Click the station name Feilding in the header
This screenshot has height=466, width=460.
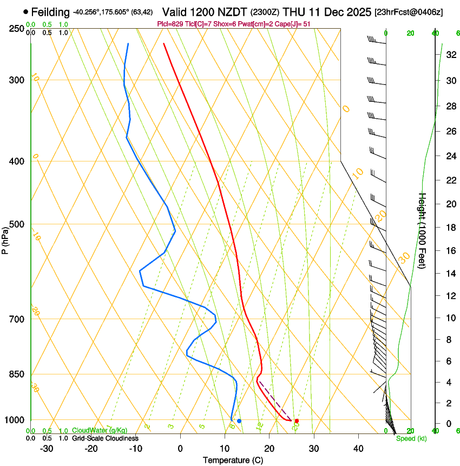[51, 12]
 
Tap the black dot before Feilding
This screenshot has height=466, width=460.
[25, 11]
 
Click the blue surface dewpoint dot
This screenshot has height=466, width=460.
[239, 420]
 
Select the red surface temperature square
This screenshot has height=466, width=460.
[297, 420]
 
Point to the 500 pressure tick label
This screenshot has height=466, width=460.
[16, 224]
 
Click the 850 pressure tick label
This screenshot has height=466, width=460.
[16, 374]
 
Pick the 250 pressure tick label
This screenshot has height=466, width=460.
[16, 29]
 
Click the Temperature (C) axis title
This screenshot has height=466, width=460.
[233, 461]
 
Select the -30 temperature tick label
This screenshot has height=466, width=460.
[47, 448]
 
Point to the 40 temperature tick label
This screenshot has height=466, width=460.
[358, 448]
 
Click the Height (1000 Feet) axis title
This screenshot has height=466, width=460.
[423, 238]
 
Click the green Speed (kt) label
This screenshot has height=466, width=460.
[411, 438]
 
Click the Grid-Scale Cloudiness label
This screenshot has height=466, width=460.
[105, 438]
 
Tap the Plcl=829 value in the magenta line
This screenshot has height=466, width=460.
[170, 24]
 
